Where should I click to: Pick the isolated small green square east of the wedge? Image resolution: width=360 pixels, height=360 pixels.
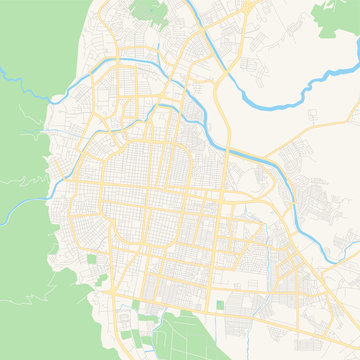[x=220, y=304]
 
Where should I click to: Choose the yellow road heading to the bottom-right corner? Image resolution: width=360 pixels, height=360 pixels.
[x=335, y=345]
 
